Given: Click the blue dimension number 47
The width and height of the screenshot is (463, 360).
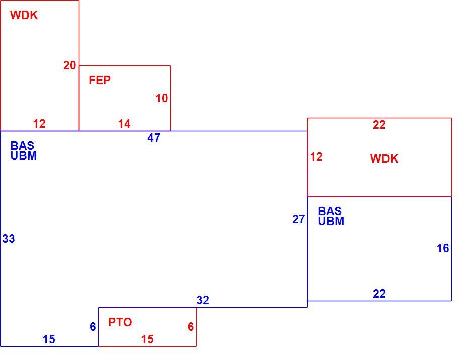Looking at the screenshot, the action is coord(154,138).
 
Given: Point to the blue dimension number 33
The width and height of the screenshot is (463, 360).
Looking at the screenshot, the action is coord(9,239).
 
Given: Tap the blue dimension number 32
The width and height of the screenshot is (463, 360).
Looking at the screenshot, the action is coord(203,300).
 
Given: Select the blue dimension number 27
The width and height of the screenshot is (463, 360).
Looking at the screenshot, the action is coord(299,219).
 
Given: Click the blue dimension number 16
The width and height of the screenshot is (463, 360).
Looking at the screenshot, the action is coord(443,248).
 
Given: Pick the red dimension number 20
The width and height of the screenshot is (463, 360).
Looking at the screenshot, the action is coord(70,65).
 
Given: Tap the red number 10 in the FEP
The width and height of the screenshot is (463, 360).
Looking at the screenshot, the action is coord(162,98).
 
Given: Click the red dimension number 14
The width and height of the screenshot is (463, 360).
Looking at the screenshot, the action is coord(124,124).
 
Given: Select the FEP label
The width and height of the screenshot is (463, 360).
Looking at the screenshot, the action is coord(100,80).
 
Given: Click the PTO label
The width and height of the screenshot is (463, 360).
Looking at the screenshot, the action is coord(120,322).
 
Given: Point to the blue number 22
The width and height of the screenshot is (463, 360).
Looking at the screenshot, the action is coord(379,294).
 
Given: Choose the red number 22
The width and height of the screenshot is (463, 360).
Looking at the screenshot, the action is coord(379,125).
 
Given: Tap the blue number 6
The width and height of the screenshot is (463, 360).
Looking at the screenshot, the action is coord(93,327).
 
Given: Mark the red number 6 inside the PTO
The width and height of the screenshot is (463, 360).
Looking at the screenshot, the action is coord(191,327).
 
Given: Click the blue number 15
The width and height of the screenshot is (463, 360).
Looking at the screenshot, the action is coord(49,339).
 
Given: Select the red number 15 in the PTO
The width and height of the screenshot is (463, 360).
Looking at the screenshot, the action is coord(147,339).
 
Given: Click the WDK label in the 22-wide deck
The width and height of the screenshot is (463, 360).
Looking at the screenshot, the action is coord(384,159).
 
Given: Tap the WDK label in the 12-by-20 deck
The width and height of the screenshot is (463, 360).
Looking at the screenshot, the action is coord(24,15).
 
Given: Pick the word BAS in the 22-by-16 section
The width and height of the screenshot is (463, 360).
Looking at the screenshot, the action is coord(330,211).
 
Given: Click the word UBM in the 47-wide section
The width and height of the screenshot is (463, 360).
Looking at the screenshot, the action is coord(24,156).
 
